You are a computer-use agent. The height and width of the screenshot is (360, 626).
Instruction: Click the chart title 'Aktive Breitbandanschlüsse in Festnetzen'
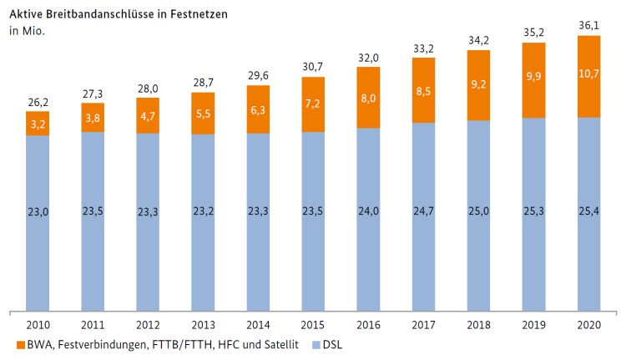[119, 14]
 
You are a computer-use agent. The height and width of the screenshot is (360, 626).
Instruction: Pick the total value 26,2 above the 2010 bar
[37, 101]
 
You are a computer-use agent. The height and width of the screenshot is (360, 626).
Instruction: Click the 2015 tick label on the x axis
[313, 324]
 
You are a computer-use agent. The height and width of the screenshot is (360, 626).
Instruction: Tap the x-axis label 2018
[478, 324]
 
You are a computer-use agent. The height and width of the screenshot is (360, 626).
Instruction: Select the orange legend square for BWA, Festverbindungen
[18, 344]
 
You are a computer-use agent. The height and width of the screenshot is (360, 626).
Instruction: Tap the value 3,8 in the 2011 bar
[93, 117]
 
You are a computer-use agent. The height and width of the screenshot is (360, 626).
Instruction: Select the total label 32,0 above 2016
[368, 56]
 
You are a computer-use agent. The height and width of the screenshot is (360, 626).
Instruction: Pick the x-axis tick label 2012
[148, 324]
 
